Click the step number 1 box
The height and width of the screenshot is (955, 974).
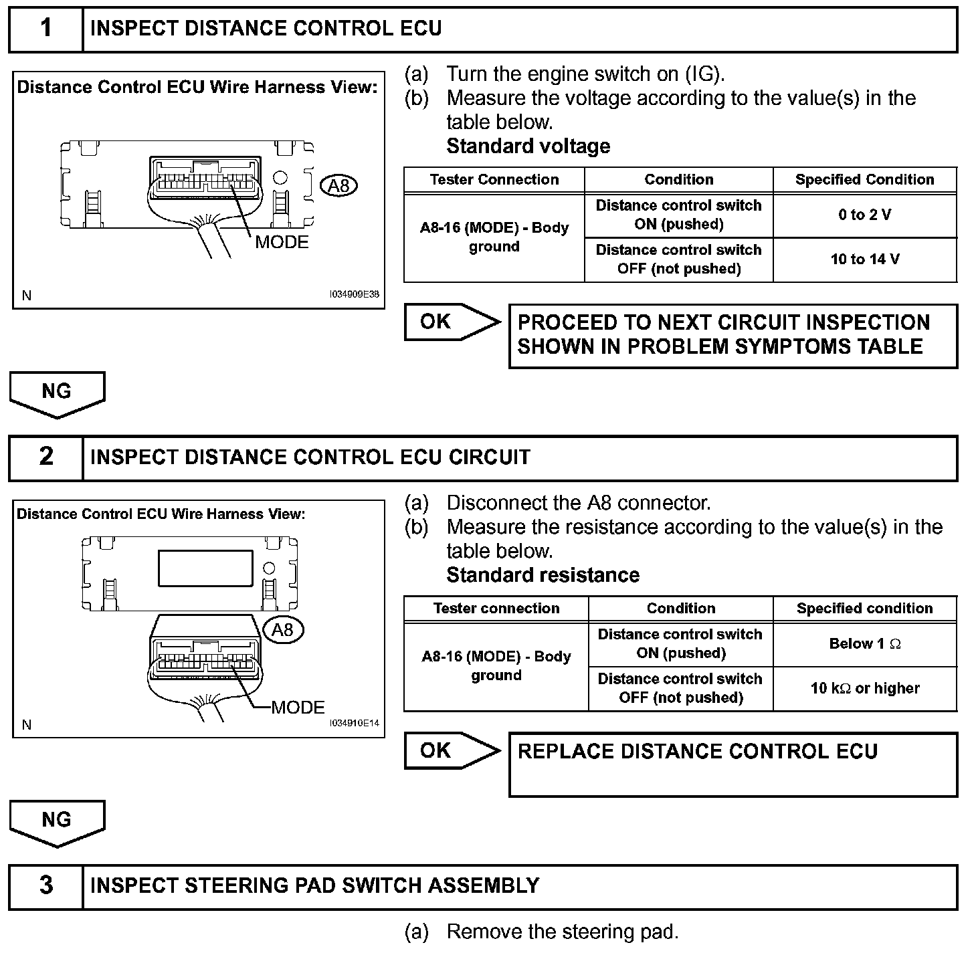[x=45, y=29]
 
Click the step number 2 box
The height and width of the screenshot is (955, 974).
[x=45, y=457]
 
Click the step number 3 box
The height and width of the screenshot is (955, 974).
[x=45, y=886]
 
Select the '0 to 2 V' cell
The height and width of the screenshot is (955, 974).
[x=864, y=215]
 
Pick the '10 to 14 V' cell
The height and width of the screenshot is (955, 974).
[x=864, y=259]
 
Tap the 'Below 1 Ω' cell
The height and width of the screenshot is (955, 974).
[x=864, y=644]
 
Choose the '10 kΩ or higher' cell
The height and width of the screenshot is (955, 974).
[x=864, y=688]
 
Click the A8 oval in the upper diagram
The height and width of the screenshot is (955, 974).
[x=339, y=185]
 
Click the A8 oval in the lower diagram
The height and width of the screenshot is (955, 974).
[x=283, y=629]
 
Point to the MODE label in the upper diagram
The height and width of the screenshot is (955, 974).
[x=282, y=242]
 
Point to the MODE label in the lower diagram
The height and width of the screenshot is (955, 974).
[x=298, y=708]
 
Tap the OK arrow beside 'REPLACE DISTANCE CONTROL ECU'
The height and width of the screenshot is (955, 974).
[x=451, y=750]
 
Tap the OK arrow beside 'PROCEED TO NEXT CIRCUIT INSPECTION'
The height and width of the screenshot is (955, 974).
[x=451, y=322]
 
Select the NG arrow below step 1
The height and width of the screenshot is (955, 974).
[x=57, y=393]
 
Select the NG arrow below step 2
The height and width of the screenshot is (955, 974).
[x=57, y=821]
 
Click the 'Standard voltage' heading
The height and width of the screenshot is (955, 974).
[x=528, y=146]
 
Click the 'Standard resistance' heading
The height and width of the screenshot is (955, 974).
[x=543, y=575]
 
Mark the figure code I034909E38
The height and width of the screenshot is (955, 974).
[x=354, y=294]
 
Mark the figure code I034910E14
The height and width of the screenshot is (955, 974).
[x=354, y=723]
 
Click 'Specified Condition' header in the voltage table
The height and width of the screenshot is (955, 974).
[x=864, y=179]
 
